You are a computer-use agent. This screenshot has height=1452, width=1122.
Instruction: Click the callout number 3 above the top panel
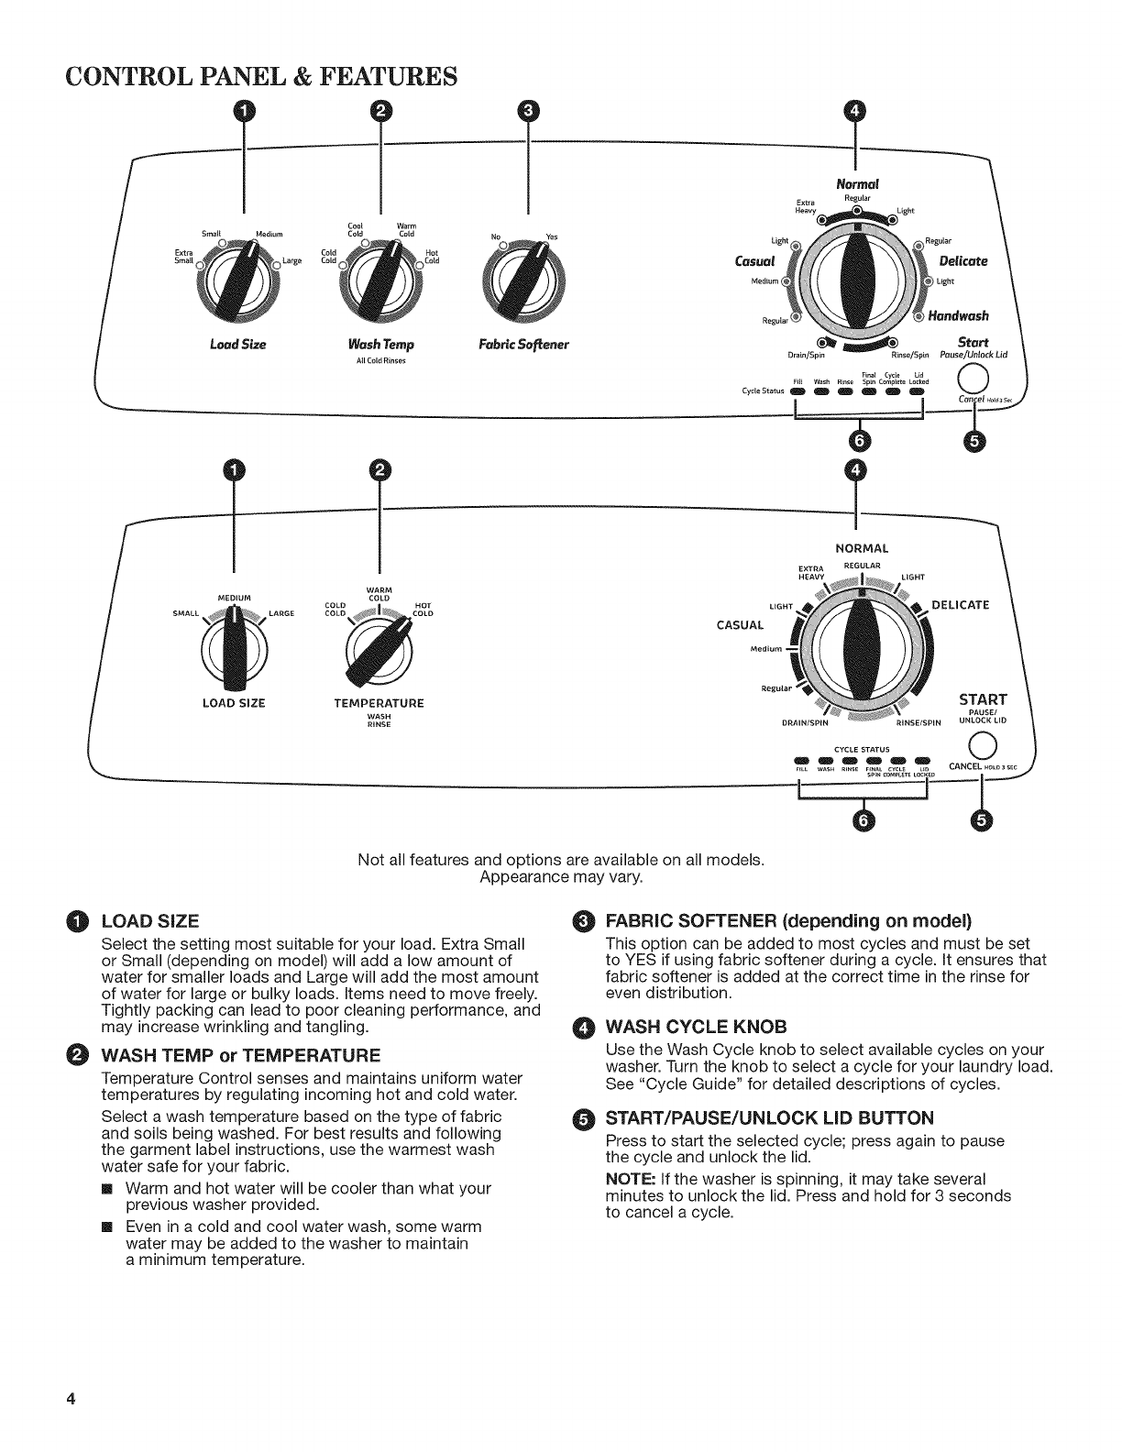(x=528, y=111)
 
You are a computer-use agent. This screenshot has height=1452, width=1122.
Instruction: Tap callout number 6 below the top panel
(x=859, y=440)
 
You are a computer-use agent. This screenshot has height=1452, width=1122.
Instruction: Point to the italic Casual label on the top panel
(x=755, y=260)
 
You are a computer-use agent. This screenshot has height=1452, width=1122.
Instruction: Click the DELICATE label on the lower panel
(x=960, y=605)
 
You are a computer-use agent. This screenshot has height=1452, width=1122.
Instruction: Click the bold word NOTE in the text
(x=626, y=1179)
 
